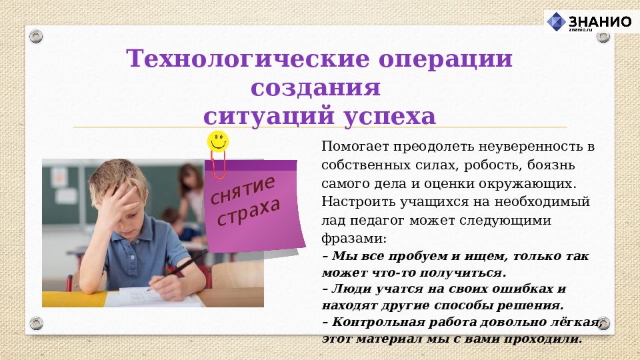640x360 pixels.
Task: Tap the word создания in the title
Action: (x=316, y=88)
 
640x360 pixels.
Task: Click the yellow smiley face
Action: (x=218, y=141)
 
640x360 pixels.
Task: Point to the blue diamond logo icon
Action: (x=556, y=21)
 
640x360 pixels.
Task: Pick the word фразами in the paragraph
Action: (x=351, y=237)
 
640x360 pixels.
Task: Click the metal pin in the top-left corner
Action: (x=36, y=36)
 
